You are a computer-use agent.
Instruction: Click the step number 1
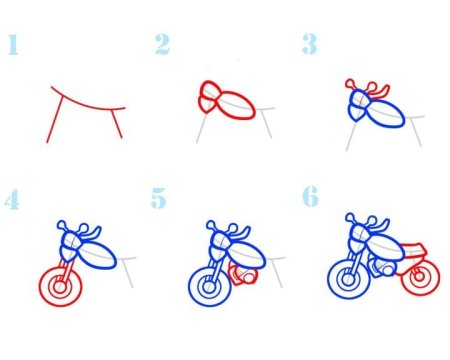13,44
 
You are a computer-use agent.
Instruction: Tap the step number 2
162,44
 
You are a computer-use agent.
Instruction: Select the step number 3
309,44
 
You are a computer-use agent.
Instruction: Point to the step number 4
12,199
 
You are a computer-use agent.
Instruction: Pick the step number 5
159,198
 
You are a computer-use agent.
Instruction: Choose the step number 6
310,196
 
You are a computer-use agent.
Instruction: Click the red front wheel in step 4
40,287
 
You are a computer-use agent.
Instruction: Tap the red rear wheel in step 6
402,278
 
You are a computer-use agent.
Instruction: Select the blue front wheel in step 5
189,287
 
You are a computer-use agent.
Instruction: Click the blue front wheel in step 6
329,279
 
